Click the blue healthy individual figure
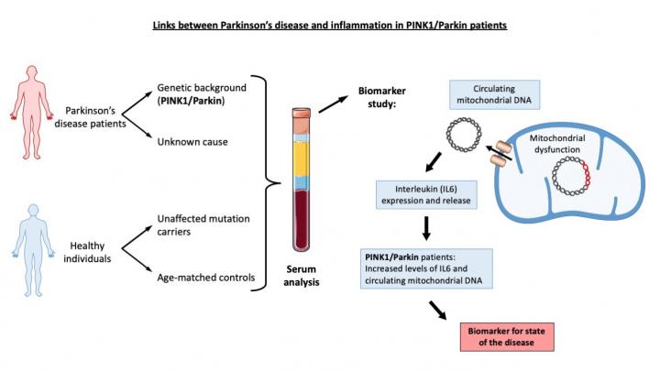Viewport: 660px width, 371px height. pos(27,246)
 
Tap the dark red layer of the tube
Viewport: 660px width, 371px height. pos(303,220)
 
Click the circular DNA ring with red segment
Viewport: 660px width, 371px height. pos(568,175)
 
